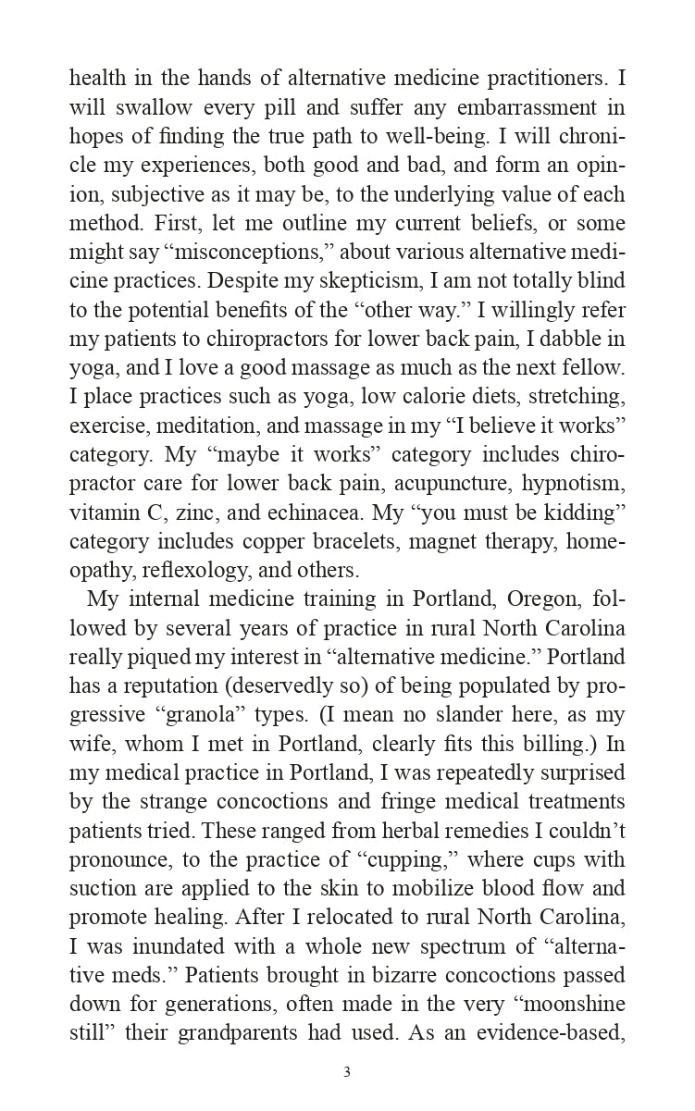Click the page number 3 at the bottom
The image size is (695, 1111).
tap(347, 1073)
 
